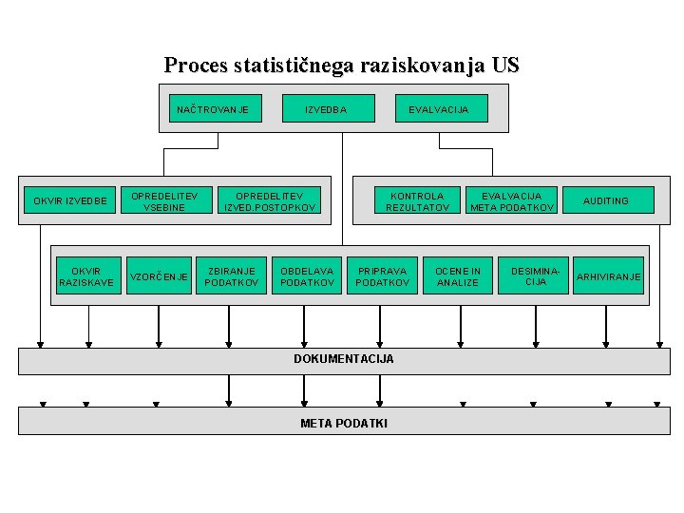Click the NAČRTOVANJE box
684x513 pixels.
213,109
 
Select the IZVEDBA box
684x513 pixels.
326,109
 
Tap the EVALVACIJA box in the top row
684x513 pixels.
439,109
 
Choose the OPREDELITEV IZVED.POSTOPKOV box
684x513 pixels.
270,200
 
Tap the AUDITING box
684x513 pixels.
605,200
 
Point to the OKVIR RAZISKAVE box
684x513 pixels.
86,276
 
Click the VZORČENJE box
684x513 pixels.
158,276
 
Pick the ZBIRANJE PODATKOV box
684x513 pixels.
232,276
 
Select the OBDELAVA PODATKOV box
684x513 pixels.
307,276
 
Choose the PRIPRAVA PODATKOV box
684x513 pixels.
383,276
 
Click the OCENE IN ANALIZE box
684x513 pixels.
458,276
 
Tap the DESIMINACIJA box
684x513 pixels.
536,276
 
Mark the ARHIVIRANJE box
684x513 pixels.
609,276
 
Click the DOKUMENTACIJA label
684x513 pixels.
344,359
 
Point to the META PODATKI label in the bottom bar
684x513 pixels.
344,423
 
